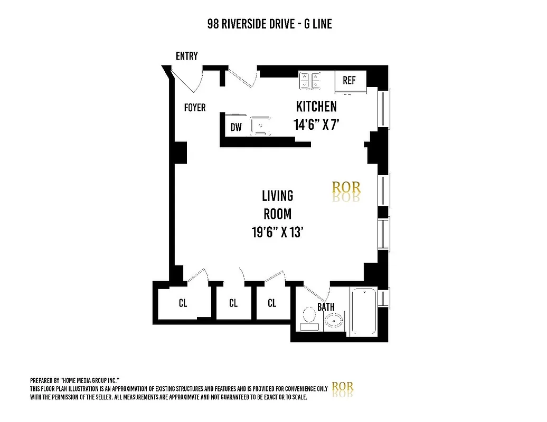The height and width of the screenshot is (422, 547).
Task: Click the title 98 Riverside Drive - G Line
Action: point(269,24)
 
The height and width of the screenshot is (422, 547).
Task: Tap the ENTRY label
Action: point(187,56)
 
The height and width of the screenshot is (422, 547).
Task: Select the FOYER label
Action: point(194,108)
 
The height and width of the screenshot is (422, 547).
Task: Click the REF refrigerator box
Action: point(349,81)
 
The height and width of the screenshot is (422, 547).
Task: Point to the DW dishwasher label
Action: point(235,128)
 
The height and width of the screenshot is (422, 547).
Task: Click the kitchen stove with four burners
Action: point(310,80)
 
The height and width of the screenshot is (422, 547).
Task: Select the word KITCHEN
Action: point(316,107)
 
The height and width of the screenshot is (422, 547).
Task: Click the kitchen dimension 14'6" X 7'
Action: point(316,125)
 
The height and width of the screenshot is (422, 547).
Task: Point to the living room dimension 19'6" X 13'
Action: point(277,232)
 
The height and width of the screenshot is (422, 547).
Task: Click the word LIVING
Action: point(278,196)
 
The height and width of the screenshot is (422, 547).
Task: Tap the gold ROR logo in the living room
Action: point(346,188)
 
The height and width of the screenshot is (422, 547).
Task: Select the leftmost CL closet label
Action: point(183,303)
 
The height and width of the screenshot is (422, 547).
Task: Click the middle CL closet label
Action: point(233,303)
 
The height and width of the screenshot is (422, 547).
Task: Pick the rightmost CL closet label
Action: point(272,303)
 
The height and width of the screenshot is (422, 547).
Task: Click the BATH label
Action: point(326,307)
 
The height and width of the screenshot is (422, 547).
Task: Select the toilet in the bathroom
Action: point(308,319)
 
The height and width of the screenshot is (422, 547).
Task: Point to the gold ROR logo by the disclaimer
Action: point(343,387)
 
